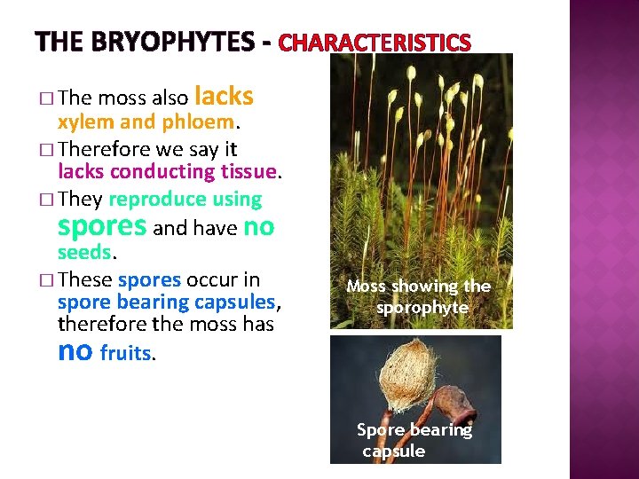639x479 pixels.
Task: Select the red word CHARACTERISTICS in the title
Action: point(375,43)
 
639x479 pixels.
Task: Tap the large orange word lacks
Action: point(223,96)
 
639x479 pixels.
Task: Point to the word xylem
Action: point(83,121)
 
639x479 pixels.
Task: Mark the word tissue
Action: point(249,171)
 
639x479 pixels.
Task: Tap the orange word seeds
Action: point(84,253)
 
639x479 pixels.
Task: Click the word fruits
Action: point(126,354)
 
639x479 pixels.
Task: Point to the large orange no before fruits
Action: point(75,350)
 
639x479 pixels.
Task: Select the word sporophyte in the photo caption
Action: point(422,308)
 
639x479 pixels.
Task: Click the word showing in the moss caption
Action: point(421,286)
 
